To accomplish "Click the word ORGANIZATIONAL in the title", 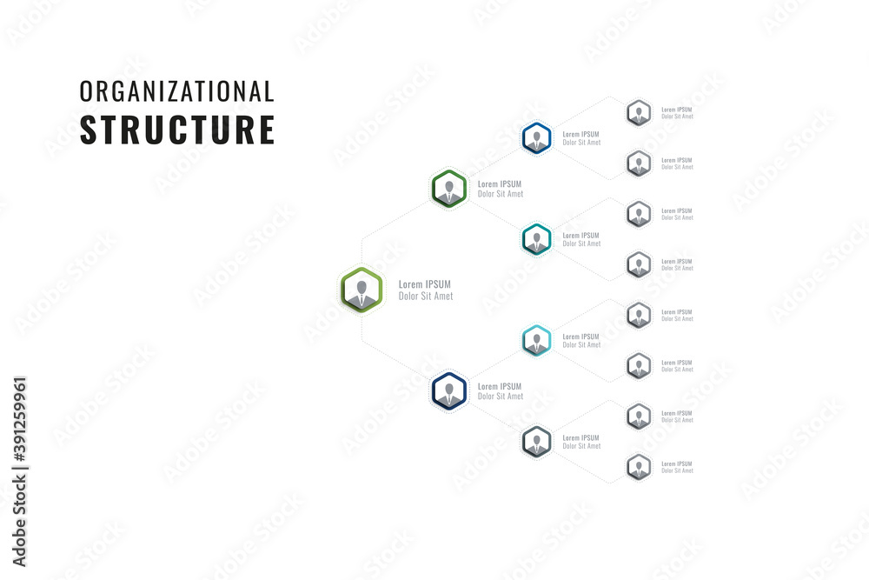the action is [x=176, y=91].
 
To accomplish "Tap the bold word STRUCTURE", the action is [x=176, y=129].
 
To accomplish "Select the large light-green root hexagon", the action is [x=362, y=290].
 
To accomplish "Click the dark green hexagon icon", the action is [x=449, y=188].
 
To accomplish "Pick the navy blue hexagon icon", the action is [x=449, y=390].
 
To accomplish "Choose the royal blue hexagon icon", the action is [x=536, y=137].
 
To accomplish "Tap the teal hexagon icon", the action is [x=536, y=239].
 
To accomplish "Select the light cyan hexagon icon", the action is [x=536, y=340].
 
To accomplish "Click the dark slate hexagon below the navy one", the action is [x=536, y=442].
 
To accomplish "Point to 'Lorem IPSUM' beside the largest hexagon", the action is [x=424, y=284].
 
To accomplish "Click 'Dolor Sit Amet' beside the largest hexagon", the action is [x=425, y=297].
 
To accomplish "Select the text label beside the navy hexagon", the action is [x=501, y=391].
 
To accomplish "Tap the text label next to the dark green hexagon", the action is [x=501, y=189].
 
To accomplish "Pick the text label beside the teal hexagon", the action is [x=581, y=239].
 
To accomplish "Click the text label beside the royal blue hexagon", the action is [x=581, y=138].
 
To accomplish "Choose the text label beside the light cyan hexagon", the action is [x=581, y=341].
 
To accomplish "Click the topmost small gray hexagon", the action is [x=639, y=112].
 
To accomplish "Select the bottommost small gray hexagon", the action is [x=639, y=467].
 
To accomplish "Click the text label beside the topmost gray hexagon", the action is [x=677, y=113].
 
